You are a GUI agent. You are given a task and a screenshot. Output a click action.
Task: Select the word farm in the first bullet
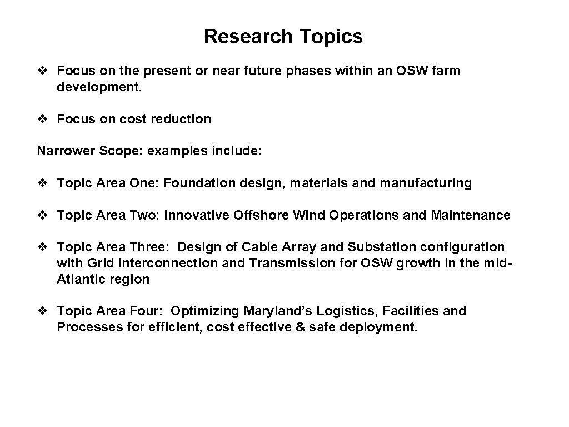pos(446,71)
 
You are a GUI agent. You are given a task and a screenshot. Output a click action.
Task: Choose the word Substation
pos(376,247)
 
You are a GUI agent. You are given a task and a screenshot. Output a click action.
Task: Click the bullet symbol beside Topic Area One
pos(43,183)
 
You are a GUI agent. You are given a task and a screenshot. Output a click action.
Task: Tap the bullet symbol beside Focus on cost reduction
pos(43,119)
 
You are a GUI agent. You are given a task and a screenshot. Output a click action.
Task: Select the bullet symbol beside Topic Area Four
pos(43,311)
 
